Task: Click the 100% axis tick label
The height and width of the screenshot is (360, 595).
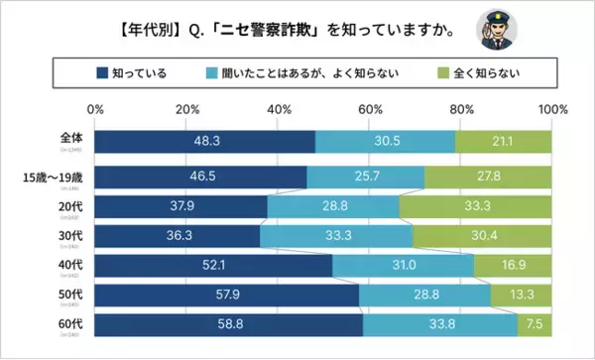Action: (x=551, y=108)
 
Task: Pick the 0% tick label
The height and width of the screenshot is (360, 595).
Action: (x=96, y=108)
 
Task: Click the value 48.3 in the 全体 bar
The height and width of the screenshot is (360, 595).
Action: (x=205, y=142)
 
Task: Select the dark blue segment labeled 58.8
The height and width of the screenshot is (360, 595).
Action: (x=229, y=323)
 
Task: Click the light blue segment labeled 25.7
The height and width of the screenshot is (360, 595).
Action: (x=366, y=178)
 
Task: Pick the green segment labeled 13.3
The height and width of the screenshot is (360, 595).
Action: (x=522, y=295)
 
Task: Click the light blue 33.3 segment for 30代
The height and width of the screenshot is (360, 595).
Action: (x=336, y=237)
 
